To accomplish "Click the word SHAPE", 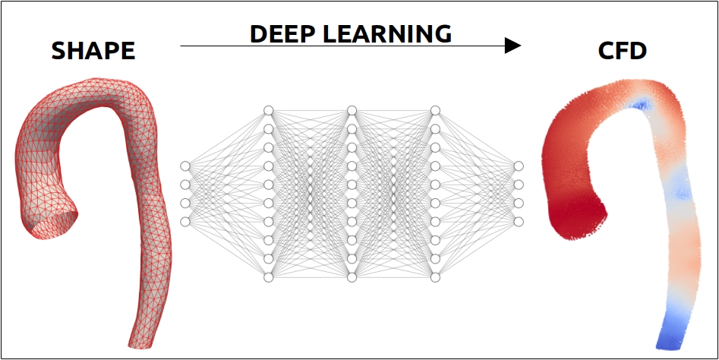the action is point(93,51).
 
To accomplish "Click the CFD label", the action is point(623,51).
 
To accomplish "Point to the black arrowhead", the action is point(512,46).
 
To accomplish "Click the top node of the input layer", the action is point(185,166).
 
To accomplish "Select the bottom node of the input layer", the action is point(185,222).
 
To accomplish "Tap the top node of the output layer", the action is point(519,166).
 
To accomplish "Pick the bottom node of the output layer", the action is point(519,222).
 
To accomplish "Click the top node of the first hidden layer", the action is point(269,111).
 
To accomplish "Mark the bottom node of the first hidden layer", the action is point(269,277).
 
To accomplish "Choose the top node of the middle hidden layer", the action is point(352,111).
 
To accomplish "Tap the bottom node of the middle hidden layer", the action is point(352,277).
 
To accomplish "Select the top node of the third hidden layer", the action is point(435,111).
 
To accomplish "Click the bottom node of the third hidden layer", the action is point(435,277).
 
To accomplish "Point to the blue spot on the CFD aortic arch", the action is point(641,105).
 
